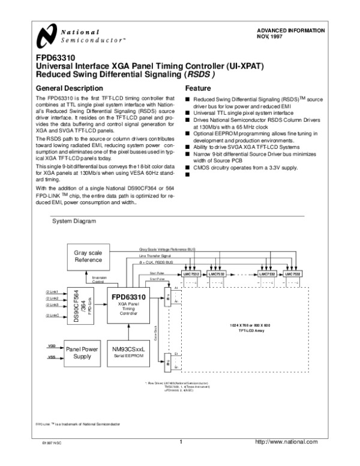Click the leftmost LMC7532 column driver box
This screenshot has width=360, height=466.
(x=190, y=273)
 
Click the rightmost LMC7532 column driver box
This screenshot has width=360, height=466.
(x=294, y=273)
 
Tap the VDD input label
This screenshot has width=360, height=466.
(x=51, y=346)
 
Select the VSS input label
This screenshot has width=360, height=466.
(x=51, y=357)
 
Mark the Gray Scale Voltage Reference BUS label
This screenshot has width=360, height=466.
(x=168, y=249)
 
